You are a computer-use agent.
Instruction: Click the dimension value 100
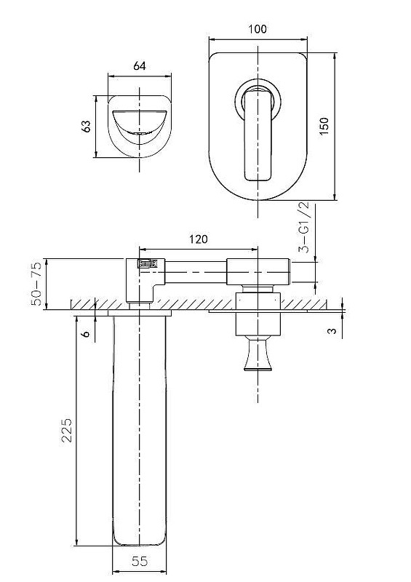pos(258,29)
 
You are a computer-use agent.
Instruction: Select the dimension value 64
pos(140,66)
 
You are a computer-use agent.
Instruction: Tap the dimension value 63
pos(86,126)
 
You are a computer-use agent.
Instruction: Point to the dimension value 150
pos(324,126)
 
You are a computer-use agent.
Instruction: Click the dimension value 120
pos(199,239)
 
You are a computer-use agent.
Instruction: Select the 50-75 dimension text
pos(37,283)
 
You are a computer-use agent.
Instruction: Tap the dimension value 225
pos(67,430)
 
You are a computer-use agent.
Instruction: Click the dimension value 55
pos(140,561)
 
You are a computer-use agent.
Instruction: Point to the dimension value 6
pos(86,334)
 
